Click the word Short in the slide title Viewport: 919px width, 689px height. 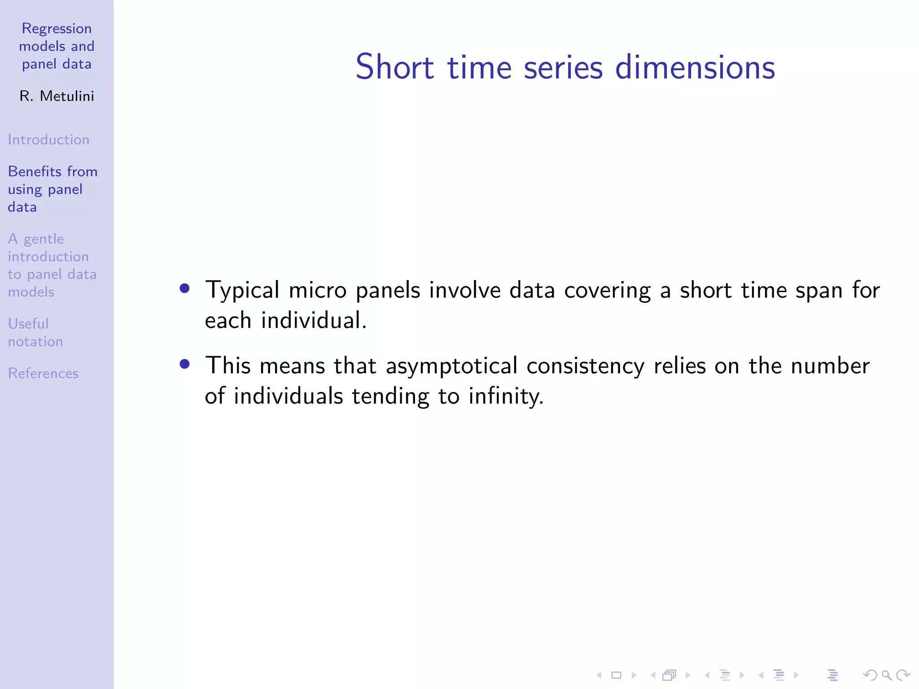click(x=394, y=67)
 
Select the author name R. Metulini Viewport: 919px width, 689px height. click(x=57, y=96)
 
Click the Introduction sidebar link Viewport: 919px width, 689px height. click(x=48, y=140)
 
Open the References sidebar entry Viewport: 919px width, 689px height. click(x=43, y=373)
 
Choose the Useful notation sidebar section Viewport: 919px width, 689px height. click(x=35, y=332)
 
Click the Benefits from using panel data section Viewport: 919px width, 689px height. click(x=52, y=189)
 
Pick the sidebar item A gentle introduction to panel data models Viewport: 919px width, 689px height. click(x=52, y=265)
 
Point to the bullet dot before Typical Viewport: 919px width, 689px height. click(x=184, y=288)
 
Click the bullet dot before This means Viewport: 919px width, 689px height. click(x=184, y=364)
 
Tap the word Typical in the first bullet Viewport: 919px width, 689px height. click(x=242, y=290)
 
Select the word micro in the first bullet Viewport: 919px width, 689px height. click(x=318, y=290)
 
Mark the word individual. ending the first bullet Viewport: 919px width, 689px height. click(x=314, y=321)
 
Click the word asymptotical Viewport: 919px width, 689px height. click(x=451, y=366)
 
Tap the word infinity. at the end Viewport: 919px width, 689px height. click(x=506, y=397)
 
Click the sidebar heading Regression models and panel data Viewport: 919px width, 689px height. click(x=57, y=46)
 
